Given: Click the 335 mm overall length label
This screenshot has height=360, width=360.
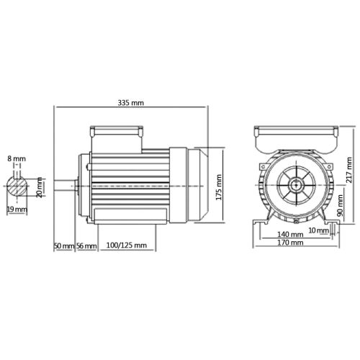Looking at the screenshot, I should (x=132, y=102).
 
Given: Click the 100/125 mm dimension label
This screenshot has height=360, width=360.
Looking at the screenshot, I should (x=127, y=246).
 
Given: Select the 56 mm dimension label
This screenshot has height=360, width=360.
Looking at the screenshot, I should (x=86, y=246).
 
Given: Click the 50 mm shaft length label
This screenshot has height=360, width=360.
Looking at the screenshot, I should (x=63, y=246).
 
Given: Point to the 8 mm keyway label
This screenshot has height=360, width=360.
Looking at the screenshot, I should (x=17, y=158).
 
